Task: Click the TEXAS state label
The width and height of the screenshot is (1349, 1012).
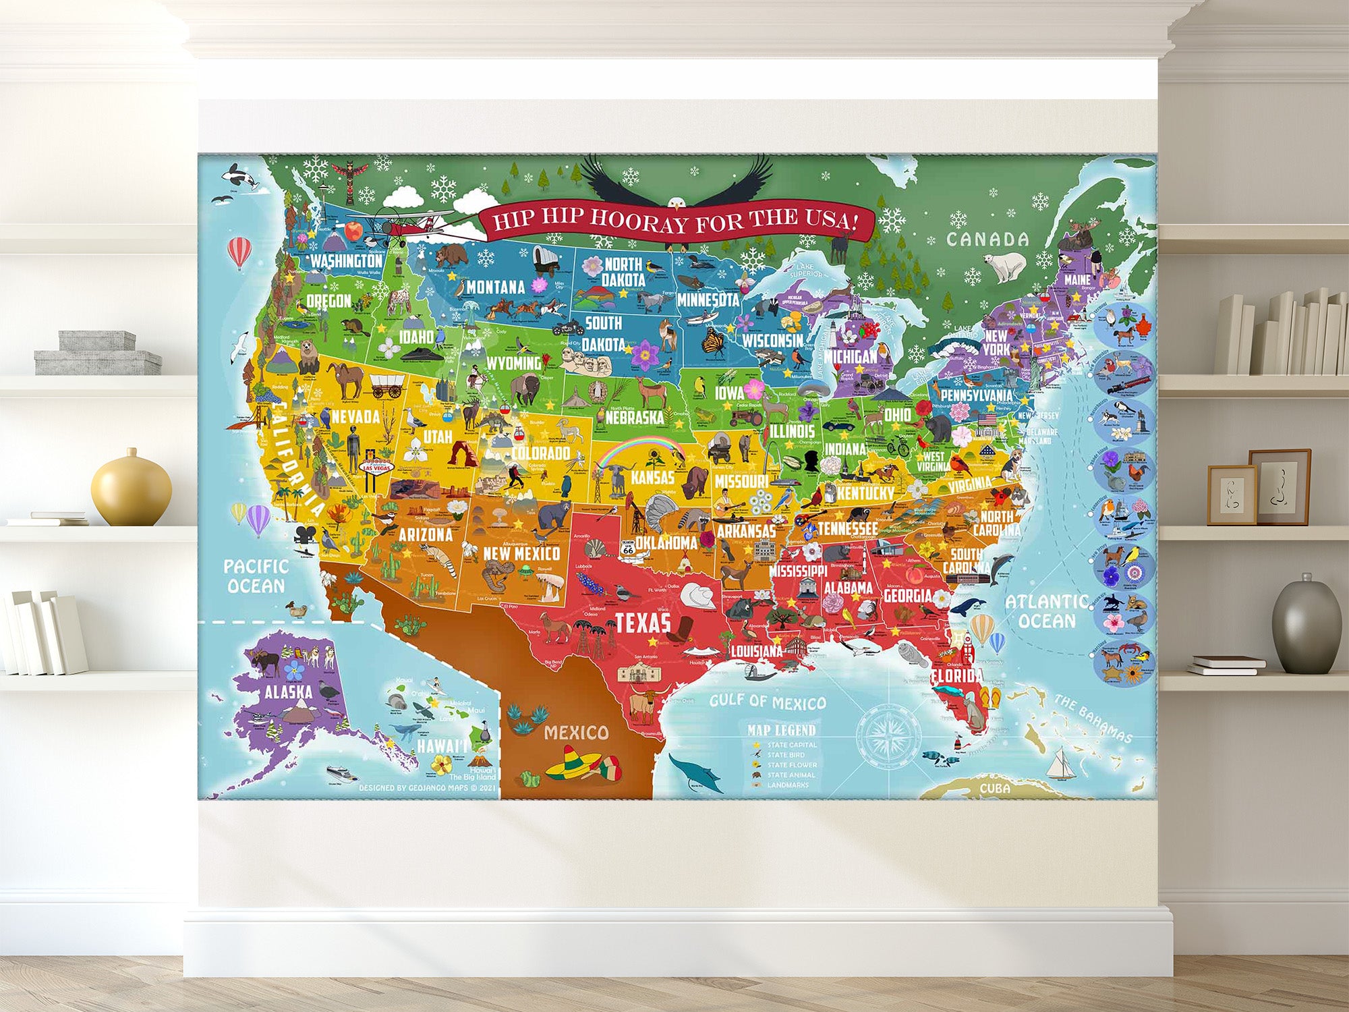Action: pos(643,623)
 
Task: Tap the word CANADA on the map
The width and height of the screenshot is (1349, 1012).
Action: pos(987,239)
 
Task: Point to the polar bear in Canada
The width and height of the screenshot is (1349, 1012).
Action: pos(1005,266)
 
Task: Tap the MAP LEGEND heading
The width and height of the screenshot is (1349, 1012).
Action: pos(781,730)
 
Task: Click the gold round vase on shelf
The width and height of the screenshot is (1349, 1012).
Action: pos(131,488)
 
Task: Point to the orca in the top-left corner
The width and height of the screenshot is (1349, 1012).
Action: pos(241,178)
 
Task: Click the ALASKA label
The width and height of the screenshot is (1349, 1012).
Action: pos(288,692)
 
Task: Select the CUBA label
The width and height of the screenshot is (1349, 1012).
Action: pos(994,788)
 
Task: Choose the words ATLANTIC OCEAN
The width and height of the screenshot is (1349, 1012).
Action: pos(1046,611)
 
